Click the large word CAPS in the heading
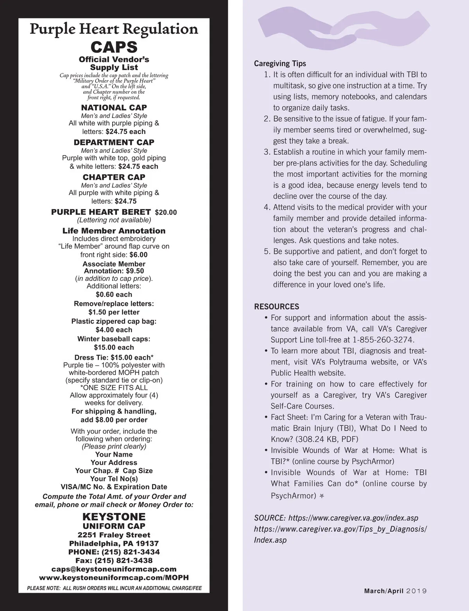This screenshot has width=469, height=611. (114, 47)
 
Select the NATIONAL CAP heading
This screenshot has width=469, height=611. (114, 107)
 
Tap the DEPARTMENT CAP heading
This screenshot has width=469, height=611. (114, 142)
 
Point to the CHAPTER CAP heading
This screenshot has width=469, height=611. (114, 177)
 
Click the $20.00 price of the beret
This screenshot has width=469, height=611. (166, 213)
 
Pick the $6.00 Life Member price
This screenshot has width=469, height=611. (138, 255)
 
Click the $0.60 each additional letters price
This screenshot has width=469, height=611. (114, 295)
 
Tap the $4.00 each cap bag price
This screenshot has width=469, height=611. (114, 330)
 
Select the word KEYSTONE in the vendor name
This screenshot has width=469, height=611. (114, 517)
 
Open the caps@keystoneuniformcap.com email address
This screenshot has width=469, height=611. (114, 569)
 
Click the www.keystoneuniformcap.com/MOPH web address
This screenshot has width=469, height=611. (114, 577)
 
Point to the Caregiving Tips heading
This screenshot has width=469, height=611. (280, 64)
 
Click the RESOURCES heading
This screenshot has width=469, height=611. (276, 307)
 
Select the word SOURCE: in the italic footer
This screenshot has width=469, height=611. (269, 518)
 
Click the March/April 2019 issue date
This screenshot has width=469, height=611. (395, 591)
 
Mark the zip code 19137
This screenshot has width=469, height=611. (145, 543)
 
